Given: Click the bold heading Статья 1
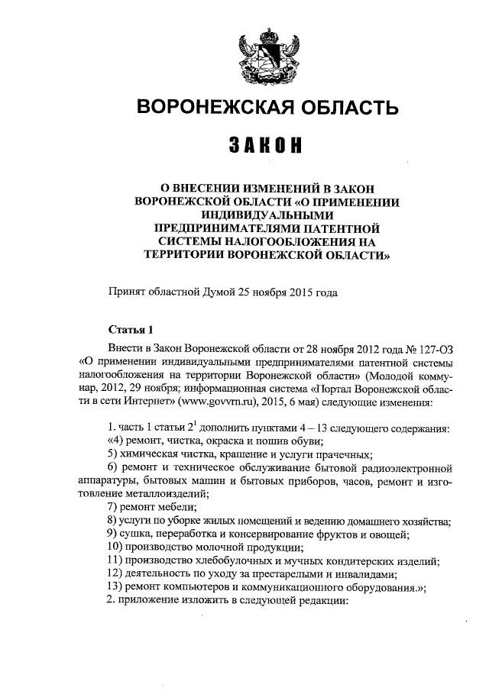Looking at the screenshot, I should tap(131, 331).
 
